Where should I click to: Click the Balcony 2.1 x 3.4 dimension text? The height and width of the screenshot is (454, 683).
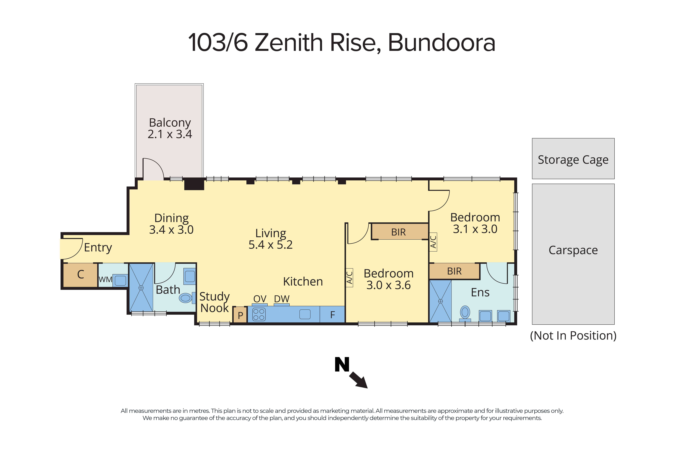(x=170, y=134)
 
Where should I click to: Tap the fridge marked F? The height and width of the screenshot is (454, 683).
(x=332, y=314)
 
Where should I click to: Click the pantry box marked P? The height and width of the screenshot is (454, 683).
(x=240, y=315)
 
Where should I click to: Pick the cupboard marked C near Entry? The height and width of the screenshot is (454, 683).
(x=80, y=274)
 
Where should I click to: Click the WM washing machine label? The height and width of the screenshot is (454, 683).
(x=105, y=279)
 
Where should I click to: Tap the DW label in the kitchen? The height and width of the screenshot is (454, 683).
(x=282, y=298)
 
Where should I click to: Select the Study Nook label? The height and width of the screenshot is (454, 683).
(x=214, y=302)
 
